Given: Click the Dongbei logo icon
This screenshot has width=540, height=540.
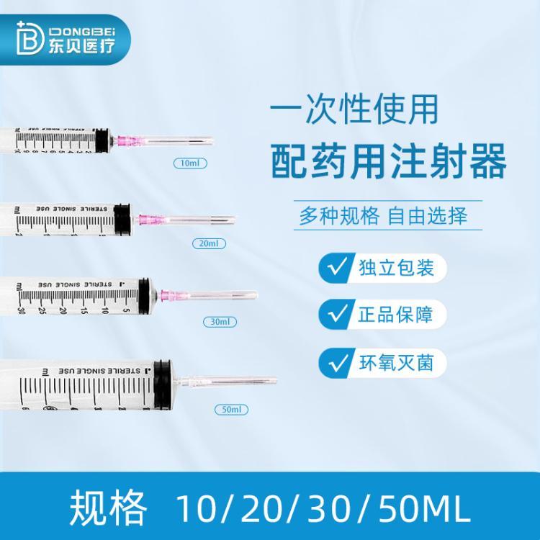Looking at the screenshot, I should (27, 37).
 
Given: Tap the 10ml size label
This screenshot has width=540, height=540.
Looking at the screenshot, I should (190, 163).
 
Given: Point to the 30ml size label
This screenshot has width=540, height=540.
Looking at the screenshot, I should (220, 321).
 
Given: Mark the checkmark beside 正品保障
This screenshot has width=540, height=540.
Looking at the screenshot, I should (336, 315).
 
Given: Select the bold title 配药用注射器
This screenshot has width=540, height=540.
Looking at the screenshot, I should (387, 163).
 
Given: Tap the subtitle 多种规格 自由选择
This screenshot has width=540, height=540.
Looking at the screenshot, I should (383, 216).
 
